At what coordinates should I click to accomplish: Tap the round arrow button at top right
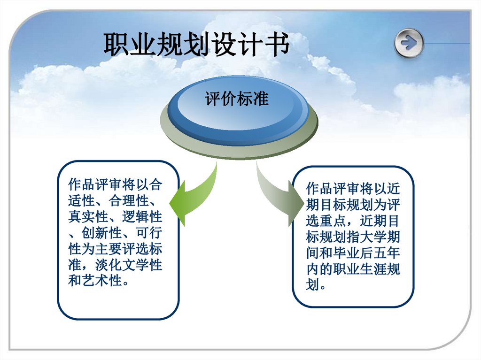point(409,43)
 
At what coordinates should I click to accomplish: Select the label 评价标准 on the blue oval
point(237,100)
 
